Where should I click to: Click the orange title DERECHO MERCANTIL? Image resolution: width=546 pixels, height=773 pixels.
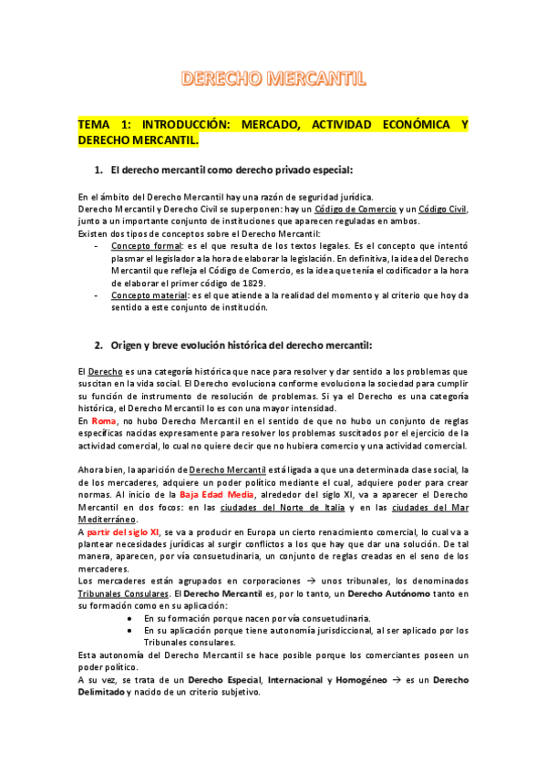pos(273,79)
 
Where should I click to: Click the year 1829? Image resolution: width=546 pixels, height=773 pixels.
pos(253,283)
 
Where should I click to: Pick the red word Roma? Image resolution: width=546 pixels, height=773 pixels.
pos(104,421)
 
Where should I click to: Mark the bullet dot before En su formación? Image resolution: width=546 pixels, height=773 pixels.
pos(132,617)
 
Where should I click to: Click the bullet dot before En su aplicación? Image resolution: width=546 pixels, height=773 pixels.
pos(132,630)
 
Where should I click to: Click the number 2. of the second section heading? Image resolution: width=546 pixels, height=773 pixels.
pos(99,345)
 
